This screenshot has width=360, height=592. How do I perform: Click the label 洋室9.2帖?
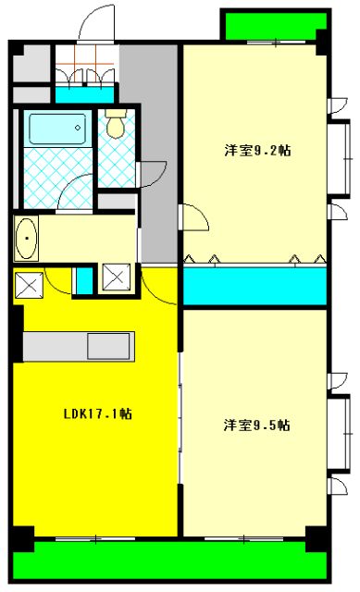click(x=256, y=150)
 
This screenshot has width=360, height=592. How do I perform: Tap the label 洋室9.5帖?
click(x=256, y=425)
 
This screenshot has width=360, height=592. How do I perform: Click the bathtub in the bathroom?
click(x=56, y=129)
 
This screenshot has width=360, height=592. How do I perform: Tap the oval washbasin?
click(x=28, y=240)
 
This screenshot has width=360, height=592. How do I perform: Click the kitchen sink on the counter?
click(x=111, y=346)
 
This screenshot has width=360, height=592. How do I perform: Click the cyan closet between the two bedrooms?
click(x=254, y=286)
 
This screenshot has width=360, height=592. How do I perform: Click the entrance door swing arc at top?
click(x=93, y=22)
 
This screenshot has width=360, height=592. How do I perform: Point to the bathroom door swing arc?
click(x=74, y=190)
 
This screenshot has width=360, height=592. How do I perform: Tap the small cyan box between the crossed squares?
click(x=83, y=278)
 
